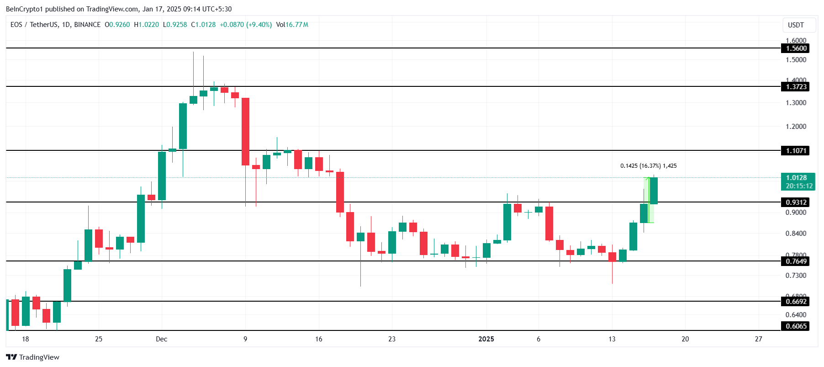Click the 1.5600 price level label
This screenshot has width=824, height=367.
796,48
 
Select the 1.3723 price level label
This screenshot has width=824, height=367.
796,87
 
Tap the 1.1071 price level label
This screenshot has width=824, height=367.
796,151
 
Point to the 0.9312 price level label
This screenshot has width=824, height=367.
796,202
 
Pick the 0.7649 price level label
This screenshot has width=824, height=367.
796,261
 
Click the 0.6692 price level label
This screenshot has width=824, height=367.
796,302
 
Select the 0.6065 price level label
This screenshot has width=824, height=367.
796,326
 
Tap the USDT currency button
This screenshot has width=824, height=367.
796,25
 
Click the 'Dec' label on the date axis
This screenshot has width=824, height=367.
161,339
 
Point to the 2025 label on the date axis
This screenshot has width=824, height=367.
486,339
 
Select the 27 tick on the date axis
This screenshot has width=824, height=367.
759,339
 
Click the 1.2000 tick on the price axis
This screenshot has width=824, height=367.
796,127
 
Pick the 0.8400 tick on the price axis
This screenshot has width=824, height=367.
796,234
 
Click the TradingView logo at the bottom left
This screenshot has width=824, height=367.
32,357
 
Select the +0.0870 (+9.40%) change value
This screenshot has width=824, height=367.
246,25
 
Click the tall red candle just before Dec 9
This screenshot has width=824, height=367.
246,132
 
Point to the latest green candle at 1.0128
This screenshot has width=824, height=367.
654,191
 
